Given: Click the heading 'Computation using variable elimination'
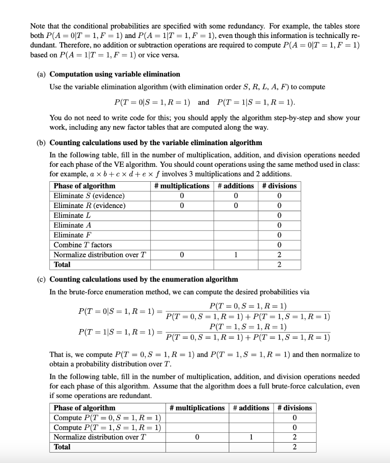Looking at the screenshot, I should click(115, 74).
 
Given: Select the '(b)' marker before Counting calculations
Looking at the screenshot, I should click(41, 143).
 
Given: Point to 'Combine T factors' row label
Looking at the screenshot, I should click(83, 245).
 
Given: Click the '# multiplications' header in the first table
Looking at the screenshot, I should click(181, 186).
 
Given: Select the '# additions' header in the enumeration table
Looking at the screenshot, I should click(251, 408).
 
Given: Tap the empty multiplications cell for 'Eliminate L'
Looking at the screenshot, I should click(181, 215).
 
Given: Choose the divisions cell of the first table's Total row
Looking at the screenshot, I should click(279, 265).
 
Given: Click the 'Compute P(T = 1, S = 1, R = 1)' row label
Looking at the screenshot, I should click(107, 427).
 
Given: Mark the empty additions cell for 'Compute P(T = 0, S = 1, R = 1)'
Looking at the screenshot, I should click(251, 417).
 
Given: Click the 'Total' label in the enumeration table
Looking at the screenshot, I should click(62, 447).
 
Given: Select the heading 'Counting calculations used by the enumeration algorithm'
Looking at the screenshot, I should click(144, 279).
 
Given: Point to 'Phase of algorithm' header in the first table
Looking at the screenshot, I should click(85, 186).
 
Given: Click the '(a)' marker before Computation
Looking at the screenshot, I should click(41, 74).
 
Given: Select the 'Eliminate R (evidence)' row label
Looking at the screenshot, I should click(90, 206).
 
